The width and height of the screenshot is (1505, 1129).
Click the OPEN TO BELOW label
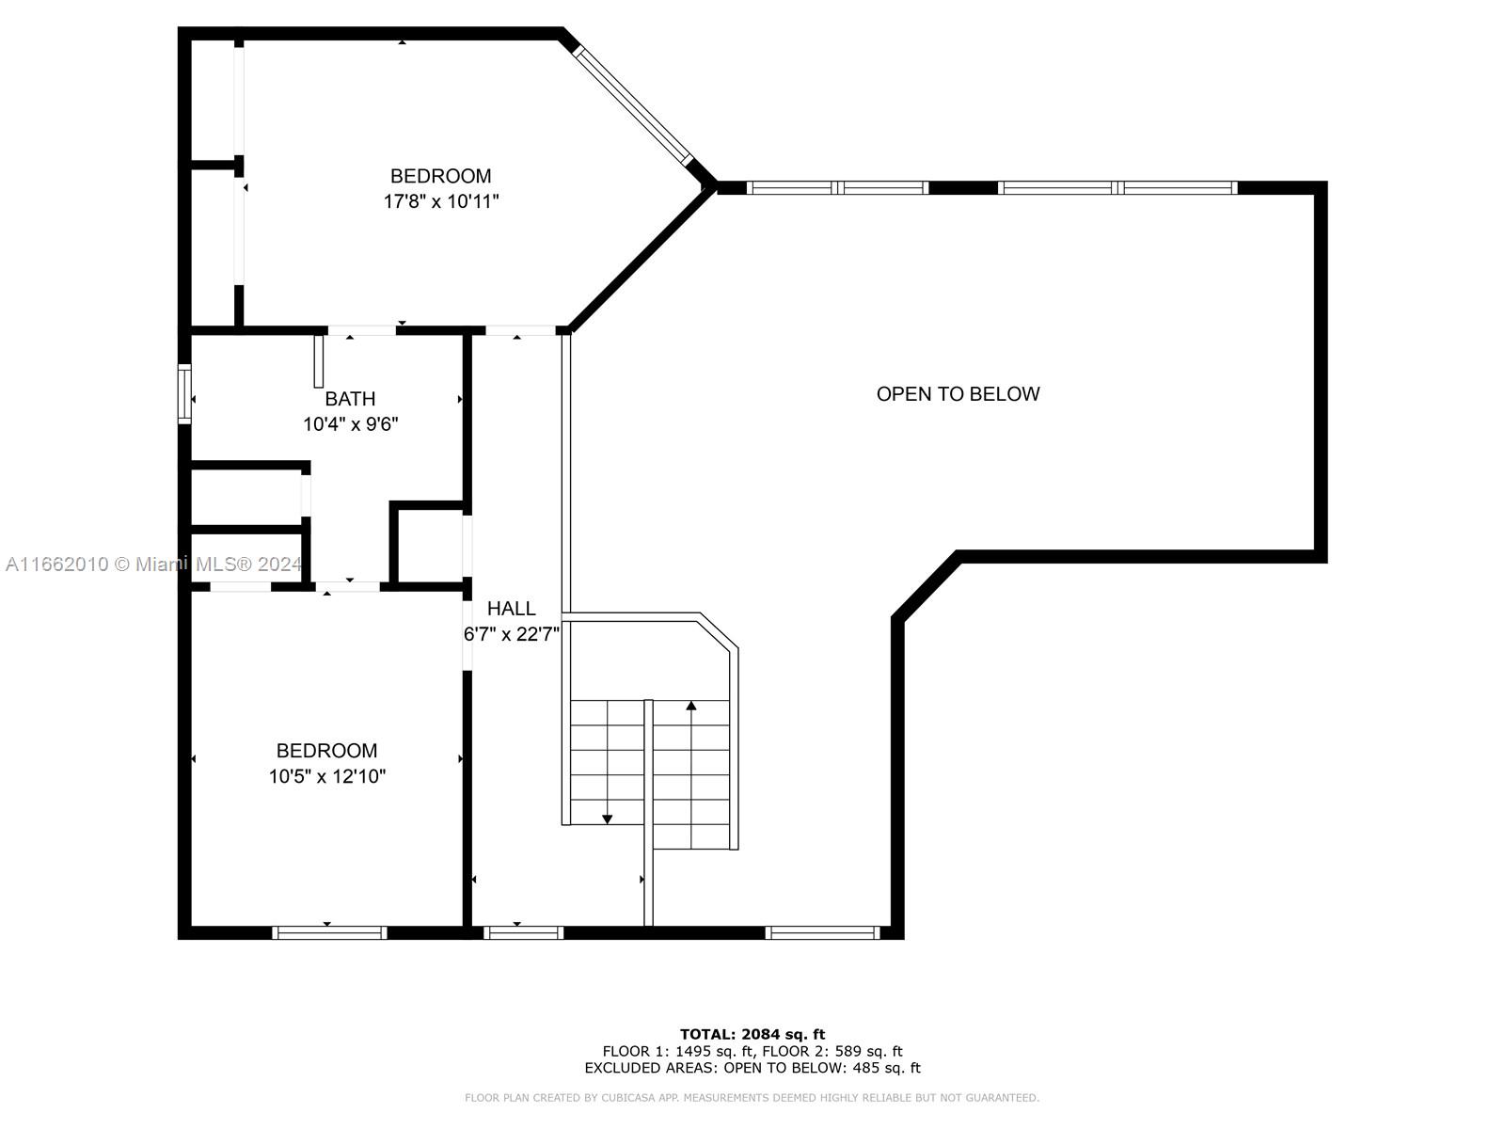(958, 393)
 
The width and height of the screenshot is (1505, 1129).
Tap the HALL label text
(511, 608)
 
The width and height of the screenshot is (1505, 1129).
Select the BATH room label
(350, 398)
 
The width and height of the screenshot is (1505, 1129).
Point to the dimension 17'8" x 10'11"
(440, 201)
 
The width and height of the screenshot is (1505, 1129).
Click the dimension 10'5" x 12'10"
(326, 776)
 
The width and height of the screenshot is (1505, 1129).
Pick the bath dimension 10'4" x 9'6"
(350, 424)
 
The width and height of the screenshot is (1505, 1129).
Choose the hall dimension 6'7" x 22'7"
(512, 634)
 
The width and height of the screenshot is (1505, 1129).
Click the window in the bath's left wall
(184, 393)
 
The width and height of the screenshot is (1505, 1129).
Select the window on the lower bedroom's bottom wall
(329, 932)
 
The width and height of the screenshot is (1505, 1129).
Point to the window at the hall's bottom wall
(523, 932)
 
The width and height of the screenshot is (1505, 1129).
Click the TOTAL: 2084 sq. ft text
(752, 1034)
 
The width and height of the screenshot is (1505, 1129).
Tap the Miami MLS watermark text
(153, 564)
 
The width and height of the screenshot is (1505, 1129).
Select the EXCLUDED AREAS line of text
(752, 1067)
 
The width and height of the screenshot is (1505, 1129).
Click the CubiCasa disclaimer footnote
(752, 1097)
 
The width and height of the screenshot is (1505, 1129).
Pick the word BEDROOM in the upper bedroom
(440, 176)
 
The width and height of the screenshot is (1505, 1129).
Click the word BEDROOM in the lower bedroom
(326, 751)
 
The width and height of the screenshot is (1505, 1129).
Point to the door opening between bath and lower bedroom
(348, 587)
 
